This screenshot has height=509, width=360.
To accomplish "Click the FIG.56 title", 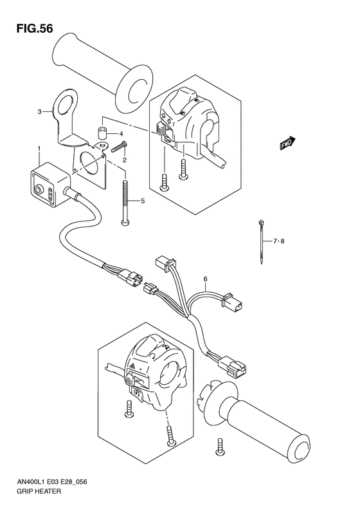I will pos(30,29).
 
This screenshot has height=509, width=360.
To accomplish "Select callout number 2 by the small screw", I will pos(125,160).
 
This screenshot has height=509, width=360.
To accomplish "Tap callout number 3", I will pos(39,112).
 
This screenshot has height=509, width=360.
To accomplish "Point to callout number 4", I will pos(121,134).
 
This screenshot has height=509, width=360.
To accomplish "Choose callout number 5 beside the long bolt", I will pos(142,201).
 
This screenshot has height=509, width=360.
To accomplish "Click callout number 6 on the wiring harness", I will pos(205,279).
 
